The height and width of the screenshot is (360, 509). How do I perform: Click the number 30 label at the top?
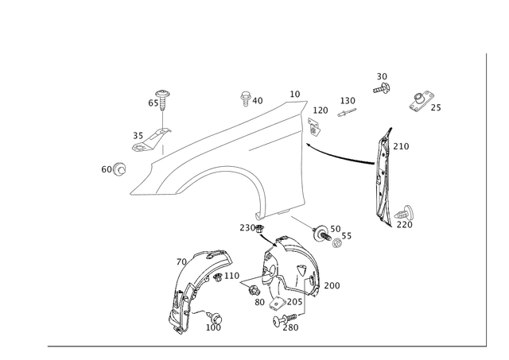[x=383, y=76]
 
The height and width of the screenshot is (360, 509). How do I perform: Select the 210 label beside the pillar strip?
[x=402, y=146]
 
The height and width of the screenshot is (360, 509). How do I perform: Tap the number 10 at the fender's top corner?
[x=296, y=94]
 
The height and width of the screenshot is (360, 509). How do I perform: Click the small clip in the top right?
[x=422, y=101]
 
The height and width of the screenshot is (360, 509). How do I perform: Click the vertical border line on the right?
[x=484, y=199]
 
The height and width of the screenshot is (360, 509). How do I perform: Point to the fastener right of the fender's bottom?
[x=324, y=233]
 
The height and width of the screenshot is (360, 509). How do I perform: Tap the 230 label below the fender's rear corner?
[x=250, y=227]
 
